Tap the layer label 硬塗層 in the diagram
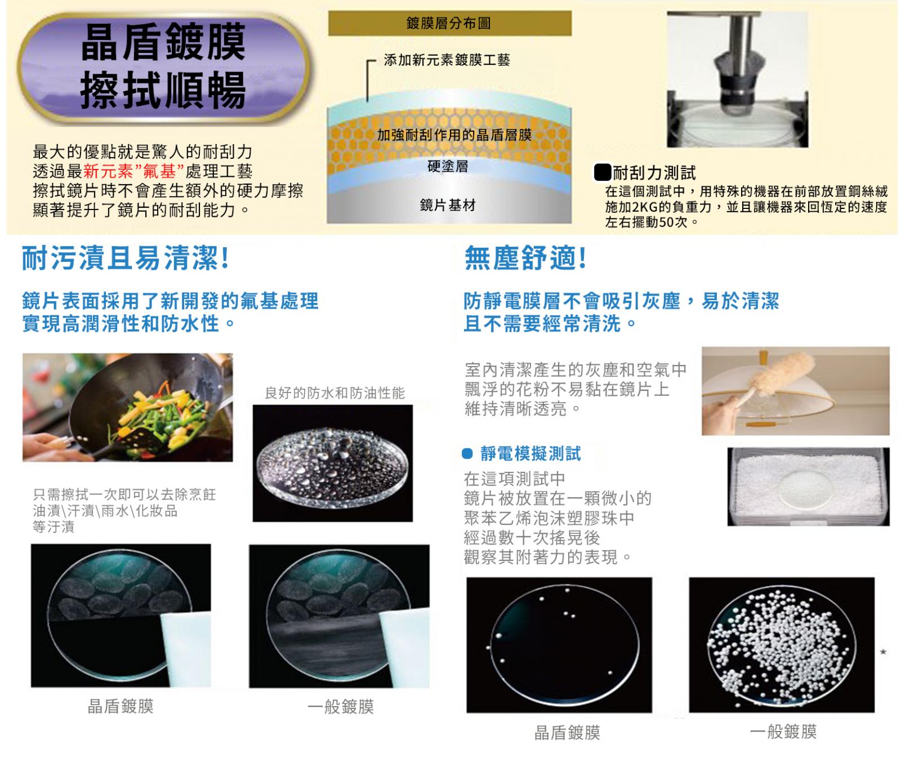point(448,166)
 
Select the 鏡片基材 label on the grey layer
point(448,205)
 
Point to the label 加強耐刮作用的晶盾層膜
point(454,135)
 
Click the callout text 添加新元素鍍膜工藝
point(447,60)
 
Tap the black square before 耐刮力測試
point(603,172)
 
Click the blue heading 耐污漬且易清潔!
point(126,258)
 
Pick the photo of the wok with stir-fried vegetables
point(128,407)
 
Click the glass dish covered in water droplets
point(332,464)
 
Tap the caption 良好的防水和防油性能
point(334,393)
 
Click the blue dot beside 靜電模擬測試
point(467,453)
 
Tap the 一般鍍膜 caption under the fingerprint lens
point(341,707)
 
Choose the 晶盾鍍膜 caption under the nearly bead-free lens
point(567,732)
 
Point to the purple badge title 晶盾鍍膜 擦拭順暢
point(163,67)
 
